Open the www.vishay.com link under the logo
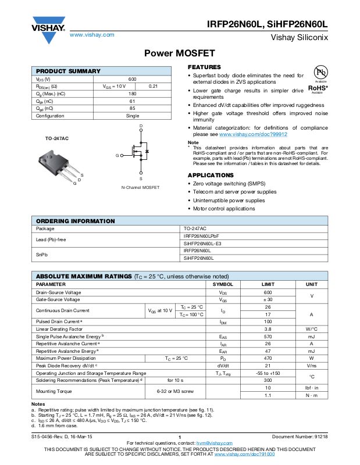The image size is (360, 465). [92, 35]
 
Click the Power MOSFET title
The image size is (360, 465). [179, 53]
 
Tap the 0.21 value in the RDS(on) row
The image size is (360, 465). [154, 86]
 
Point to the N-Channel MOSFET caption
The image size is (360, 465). [140, 187]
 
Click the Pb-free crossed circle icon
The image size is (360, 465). [318, 71]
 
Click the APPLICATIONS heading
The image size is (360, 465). [211, 175]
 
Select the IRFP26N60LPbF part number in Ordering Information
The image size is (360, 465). [201, 236]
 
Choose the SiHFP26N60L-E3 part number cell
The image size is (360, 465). [202, 243]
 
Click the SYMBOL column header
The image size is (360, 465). [223, 284]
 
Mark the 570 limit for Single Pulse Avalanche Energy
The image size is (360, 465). [268, 337]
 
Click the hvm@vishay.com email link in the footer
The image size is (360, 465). [215, 443]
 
